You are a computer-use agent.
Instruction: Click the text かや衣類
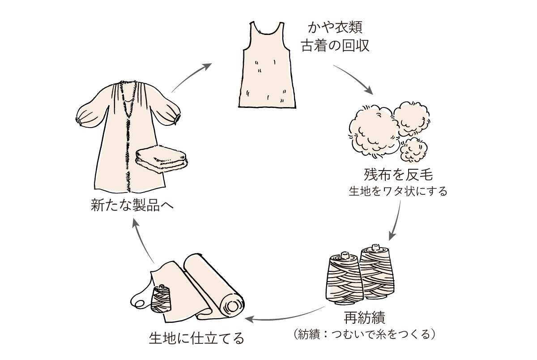[x=335, y=28]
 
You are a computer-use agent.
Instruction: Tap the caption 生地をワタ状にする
[x=398, y=192]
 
